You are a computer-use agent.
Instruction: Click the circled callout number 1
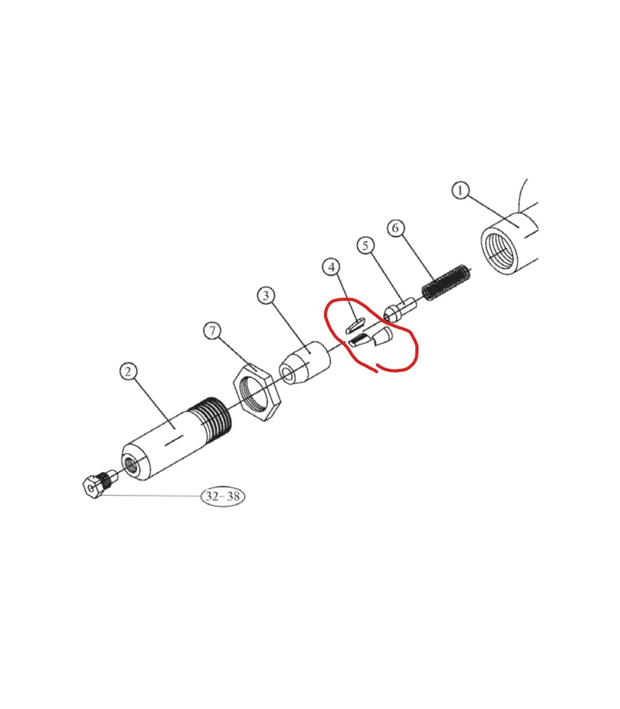pyautogui.click(x=460, y=190)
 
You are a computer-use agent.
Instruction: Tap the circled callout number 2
pyautogui.click(x=129, y=372)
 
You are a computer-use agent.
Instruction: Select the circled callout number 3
pyautogui.click(x=266, y=296)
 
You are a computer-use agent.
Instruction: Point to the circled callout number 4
pyautogui.click(x=332, y=267)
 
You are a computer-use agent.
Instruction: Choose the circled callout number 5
pyautogui.click(x=365, y=245)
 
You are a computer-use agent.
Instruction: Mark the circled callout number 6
pyautogui.click(x=396, y=228)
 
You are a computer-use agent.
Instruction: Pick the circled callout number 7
pyautogui.click(x=212, y=331)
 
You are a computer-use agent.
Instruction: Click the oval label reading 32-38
pyautogui.click(x=223, y=496)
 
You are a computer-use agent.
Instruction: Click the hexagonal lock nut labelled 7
pyautogui.click(x=256, y=392)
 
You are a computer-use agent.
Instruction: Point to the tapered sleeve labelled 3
pyautogui.click(x=304, y=362)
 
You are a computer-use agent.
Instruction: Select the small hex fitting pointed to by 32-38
pyautogui.click(x=100, y=483)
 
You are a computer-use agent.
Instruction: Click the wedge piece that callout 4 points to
pyautogui.click(x=355, y=326)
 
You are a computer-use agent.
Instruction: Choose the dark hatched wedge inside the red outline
pyautogui.click(x=360, y=341)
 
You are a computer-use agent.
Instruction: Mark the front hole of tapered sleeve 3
pyautogui.click(x=288, y=374)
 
